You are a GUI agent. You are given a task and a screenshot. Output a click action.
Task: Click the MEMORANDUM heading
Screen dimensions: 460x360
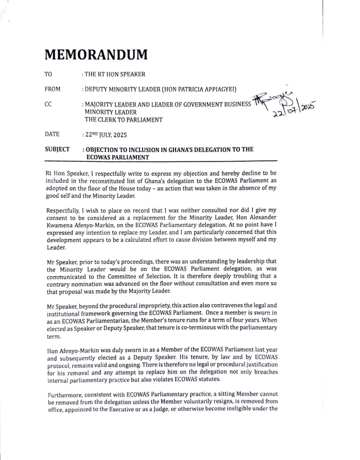(x=96, y=56)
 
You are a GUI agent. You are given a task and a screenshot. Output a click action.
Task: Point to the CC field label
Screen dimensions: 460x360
(x=47, y=103)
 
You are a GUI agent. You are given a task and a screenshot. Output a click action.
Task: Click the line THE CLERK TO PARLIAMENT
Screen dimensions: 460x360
(x=123, y=119)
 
